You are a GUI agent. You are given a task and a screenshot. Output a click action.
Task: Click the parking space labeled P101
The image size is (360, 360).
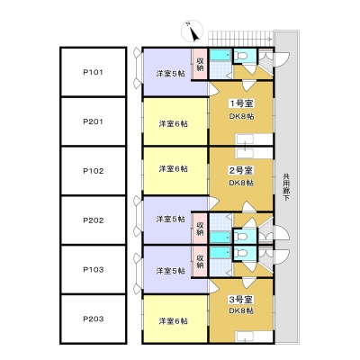click(94, 72)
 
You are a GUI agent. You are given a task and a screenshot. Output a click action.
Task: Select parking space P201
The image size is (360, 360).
click(94, 121)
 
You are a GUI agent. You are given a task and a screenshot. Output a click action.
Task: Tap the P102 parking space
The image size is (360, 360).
click(94, 171)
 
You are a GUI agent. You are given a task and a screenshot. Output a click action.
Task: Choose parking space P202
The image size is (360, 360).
click(94, 220)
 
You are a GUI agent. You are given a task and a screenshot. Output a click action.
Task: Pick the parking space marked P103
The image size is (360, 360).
click(94, 269)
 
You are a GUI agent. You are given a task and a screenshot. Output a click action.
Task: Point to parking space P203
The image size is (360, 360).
click(94, 319)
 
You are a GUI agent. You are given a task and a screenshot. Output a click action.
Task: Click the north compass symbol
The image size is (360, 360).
click(193, 31)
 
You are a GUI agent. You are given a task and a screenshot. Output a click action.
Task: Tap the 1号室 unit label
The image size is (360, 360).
click(242, 103)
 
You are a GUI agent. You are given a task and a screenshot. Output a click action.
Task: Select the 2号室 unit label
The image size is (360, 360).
click(241, 171)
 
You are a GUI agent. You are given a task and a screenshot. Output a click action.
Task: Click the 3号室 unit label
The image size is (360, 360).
click(241, 299)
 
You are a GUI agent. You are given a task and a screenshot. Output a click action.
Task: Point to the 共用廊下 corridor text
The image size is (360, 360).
click(286, 187)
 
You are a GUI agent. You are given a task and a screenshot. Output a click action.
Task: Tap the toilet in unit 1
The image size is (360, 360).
click(241, 56)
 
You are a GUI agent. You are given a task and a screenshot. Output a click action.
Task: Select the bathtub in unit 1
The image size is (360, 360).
click(220, 55)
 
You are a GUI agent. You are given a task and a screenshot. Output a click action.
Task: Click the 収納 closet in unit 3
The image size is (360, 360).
click(200, 261)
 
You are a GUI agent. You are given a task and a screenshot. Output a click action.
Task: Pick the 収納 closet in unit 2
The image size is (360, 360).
click(200, 229)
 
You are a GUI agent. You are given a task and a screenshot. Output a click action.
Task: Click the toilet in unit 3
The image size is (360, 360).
click(241, 253)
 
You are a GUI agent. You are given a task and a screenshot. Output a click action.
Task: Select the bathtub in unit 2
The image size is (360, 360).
click(220, 238)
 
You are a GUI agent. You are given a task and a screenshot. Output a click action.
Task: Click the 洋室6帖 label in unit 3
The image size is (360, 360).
click(174, 321)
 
